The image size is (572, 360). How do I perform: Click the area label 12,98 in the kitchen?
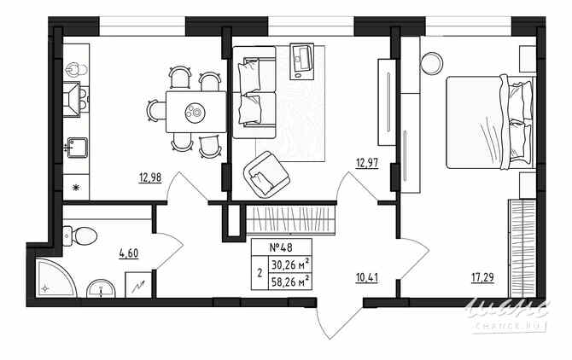pyautogui.click(x=149, y=177)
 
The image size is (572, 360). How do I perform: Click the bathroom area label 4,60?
pyautogui.click(x=129, y=253)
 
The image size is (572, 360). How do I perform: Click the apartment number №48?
pyautogui.click(x=281, y=247)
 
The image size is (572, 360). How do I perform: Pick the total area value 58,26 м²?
pyautogui.click(x=289, y=278)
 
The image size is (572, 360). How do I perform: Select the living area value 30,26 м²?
pyautogui.click(x=289, y=263)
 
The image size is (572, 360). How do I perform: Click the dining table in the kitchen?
pyautogui.click(x=195, y=111)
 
